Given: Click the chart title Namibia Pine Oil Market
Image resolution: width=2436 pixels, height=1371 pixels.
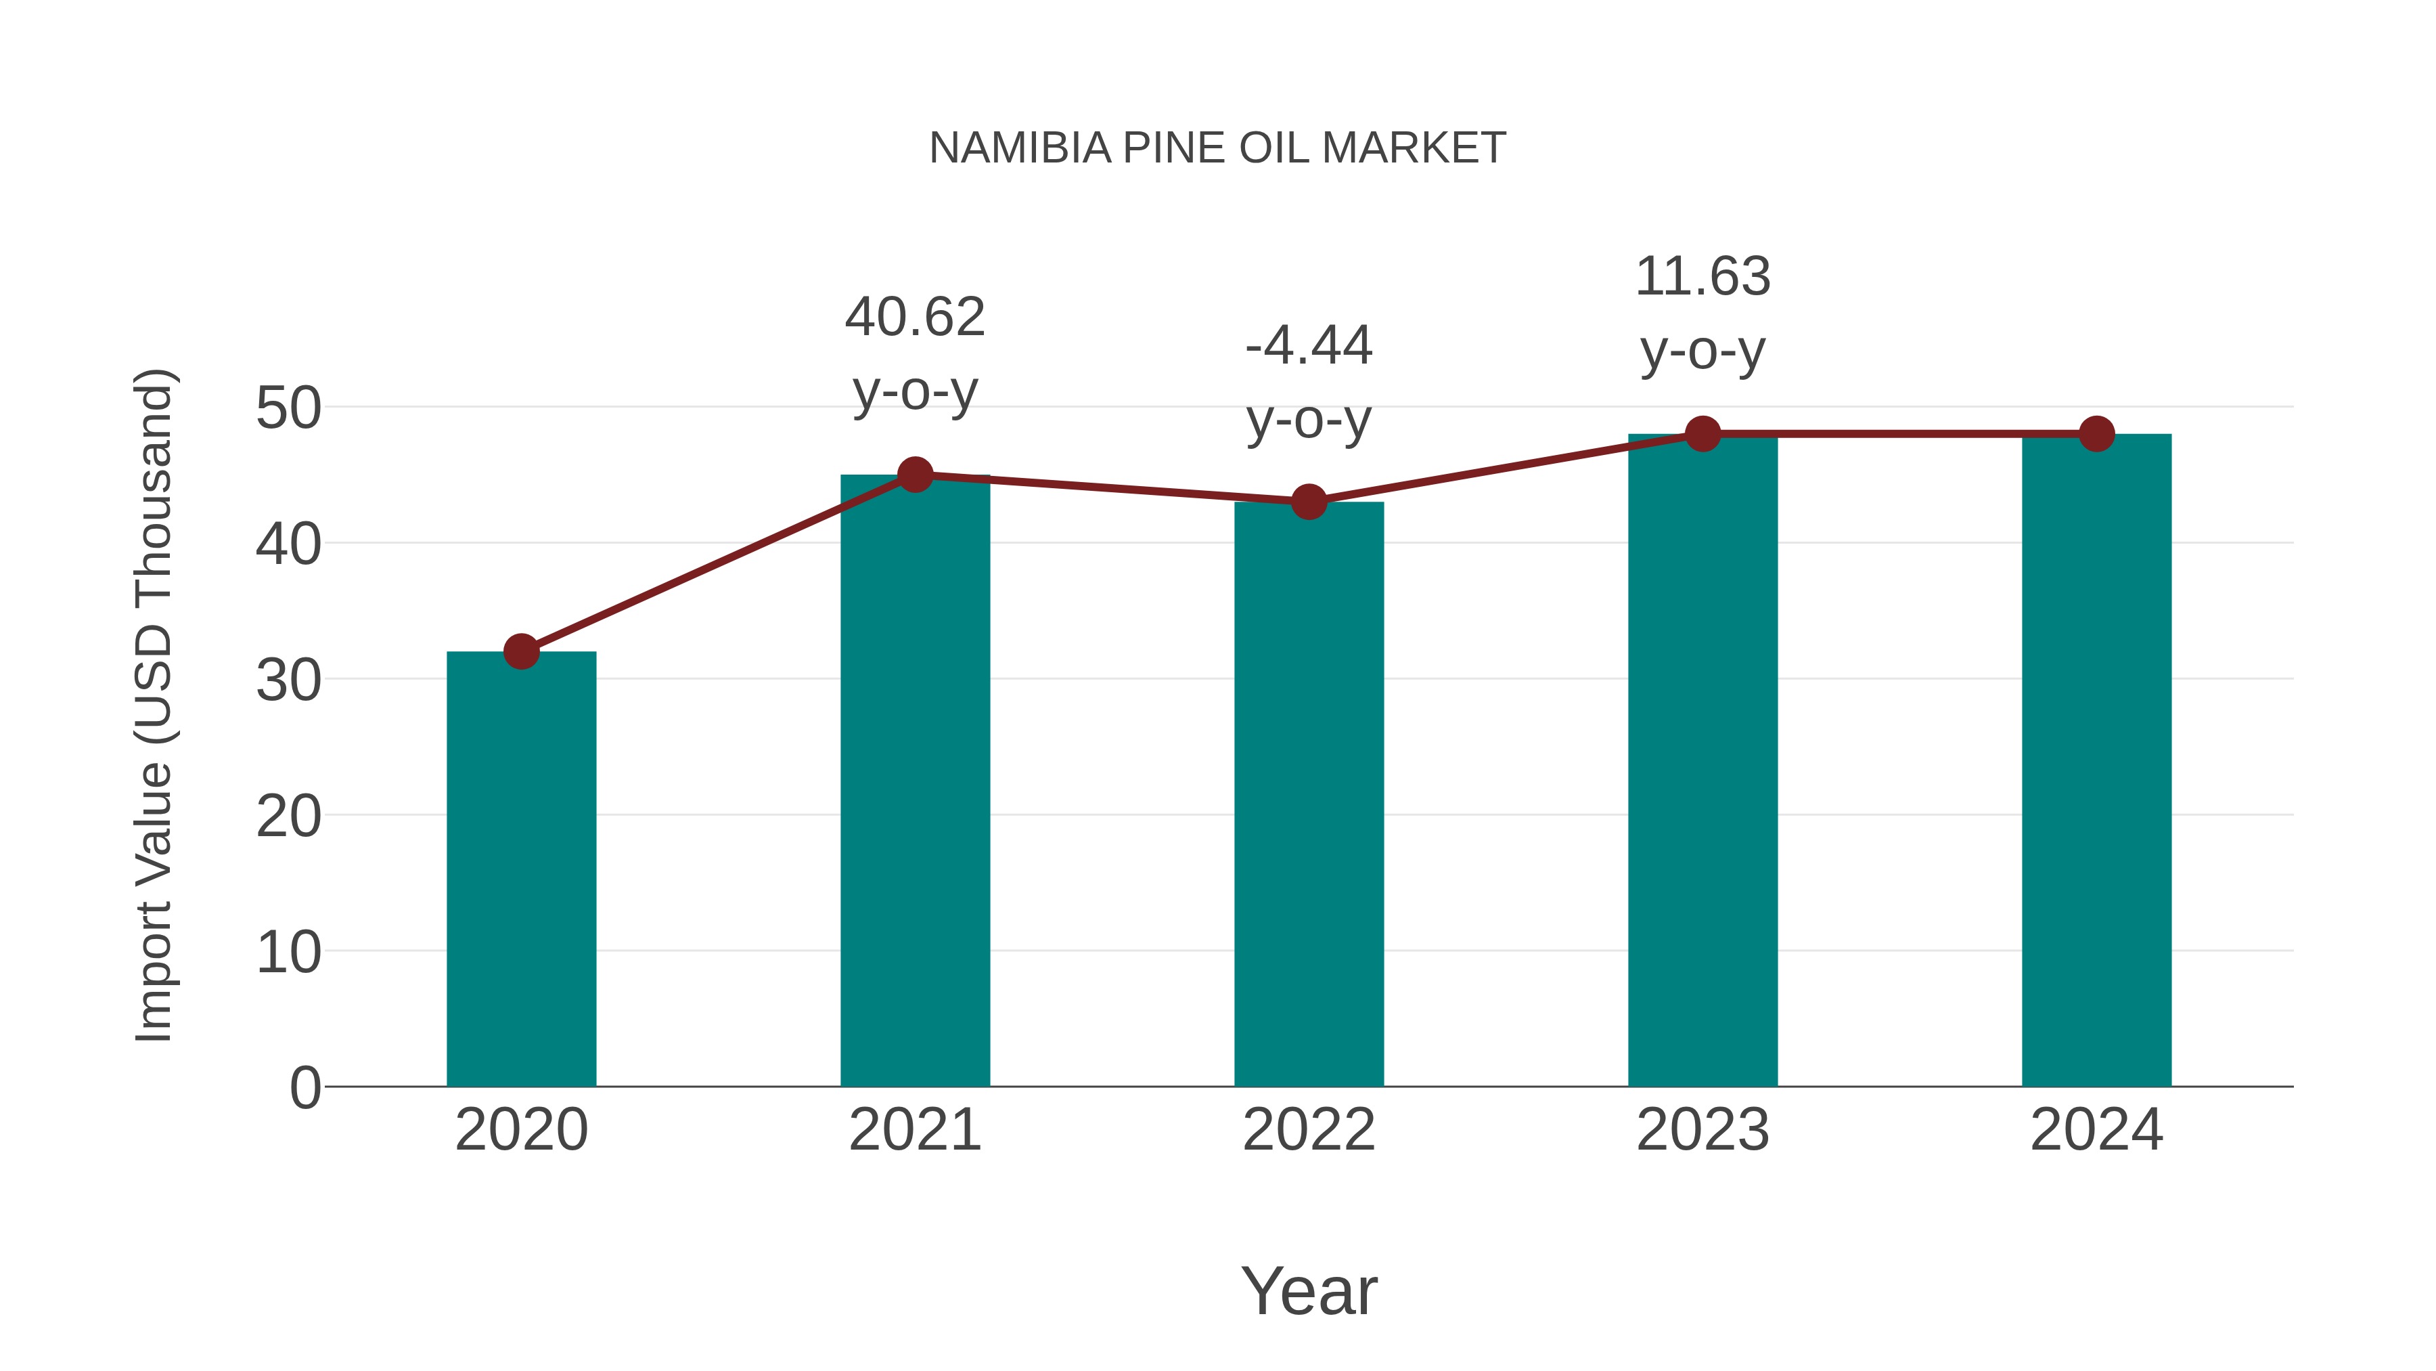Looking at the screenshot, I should [x=1217, y=148].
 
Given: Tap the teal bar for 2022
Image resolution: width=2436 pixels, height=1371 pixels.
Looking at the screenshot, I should [x=1309, y=795].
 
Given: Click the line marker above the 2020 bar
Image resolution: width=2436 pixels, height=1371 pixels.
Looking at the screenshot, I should [x=521, y=651].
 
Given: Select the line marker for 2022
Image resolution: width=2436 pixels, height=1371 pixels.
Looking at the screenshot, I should [x=1309, y=502].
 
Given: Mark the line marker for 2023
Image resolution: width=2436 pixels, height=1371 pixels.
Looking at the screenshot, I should [x=1702, y=433].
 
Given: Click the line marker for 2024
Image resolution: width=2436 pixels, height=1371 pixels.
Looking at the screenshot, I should [x=2096, y=433].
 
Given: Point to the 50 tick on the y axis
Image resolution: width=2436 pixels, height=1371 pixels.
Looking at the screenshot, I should [x=288, y=409].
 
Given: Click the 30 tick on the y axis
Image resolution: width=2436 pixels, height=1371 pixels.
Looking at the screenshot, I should [x=288, y=680].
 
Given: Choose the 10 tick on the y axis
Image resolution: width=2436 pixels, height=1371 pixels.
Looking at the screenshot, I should [x=288, y=952].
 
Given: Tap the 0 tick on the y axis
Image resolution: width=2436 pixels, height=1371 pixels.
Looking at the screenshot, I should [x=304, y=1087].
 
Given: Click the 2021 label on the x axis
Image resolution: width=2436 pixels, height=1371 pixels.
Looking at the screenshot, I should [x=914, y=1130].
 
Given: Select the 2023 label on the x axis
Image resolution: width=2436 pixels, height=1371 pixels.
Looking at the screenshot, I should [x=1702, y=1130].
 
